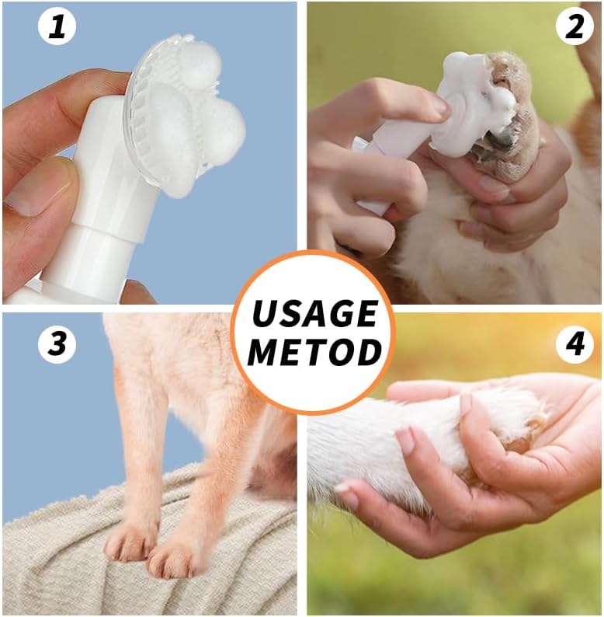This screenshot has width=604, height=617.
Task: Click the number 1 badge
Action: coord(57,28)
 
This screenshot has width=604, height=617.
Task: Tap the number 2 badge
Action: coord(574,28)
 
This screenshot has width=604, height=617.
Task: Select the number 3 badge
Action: coord(57,344)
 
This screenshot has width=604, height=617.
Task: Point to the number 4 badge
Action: coord(574,344)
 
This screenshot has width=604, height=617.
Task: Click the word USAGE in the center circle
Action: coord(314,313)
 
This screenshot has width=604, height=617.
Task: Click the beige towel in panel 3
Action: coord(70,567)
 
